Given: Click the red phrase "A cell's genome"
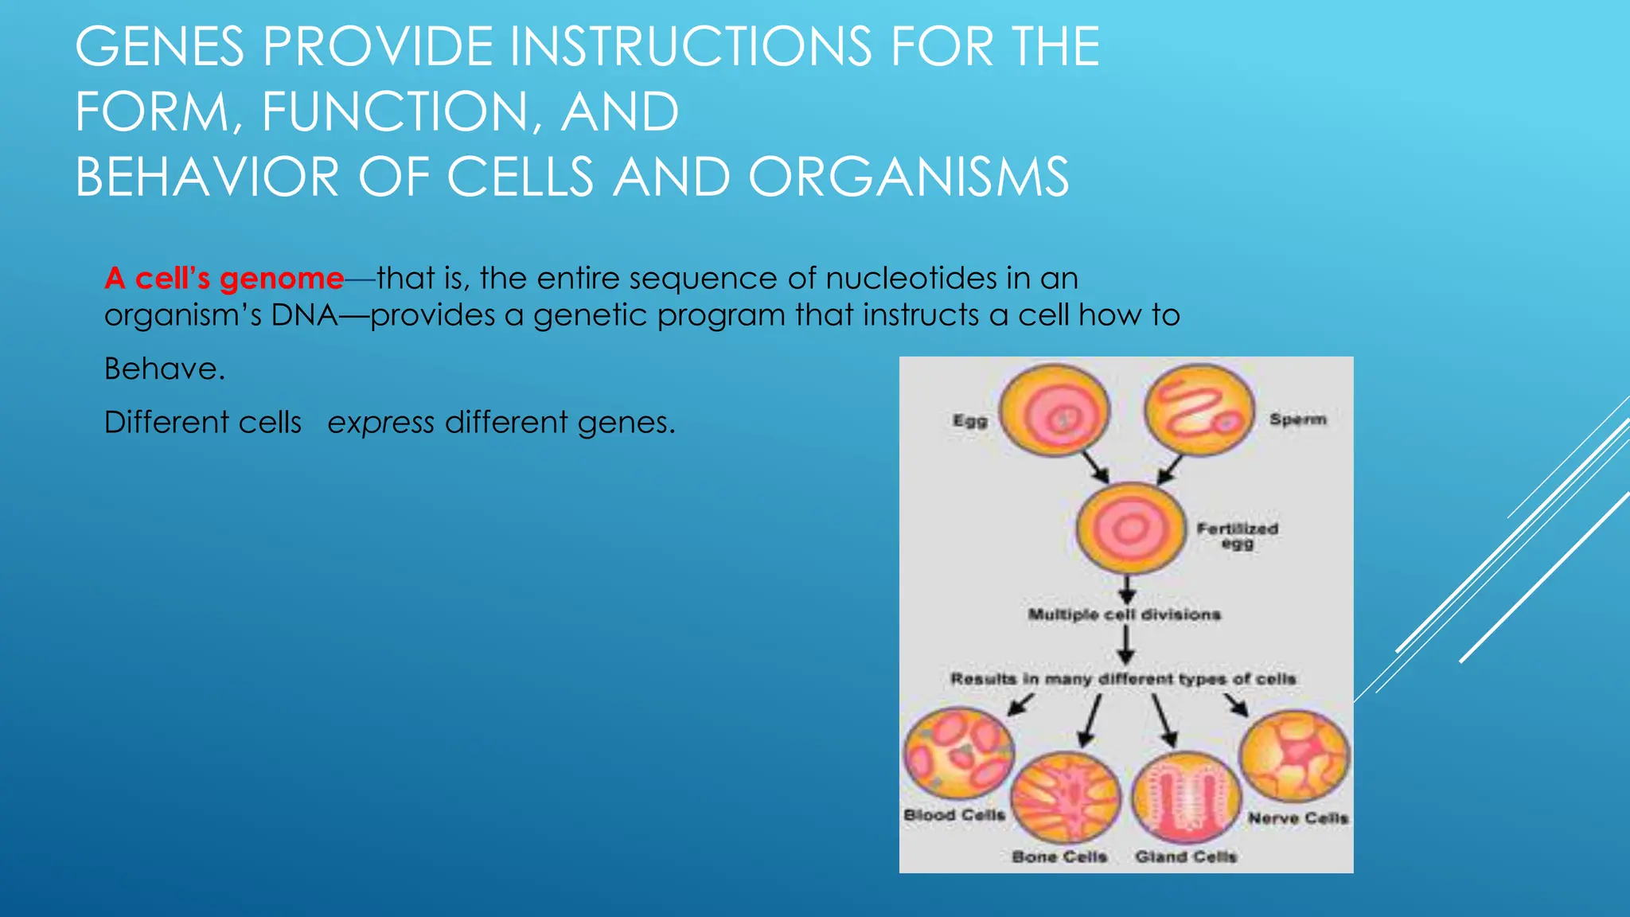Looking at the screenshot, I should point(224,279).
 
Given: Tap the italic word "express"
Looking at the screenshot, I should point(380,423).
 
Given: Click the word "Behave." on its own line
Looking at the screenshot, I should point(165,369).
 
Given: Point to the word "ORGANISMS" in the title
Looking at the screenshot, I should point(908,177).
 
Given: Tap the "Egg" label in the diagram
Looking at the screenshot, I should point(970,420).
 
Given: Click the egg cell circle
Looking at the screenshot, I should point(1055,411).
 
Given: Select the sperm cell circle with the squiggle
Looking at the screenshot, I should point(1199,411).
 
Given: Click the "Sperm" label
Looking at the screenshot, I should point(1297,419).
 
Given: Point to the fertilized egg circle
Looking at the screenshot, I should point(1130,529).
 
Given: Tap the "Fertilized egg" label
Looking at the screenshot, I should point(1237,535).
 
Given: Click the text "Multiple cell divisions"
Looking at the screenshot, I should point(1124,615).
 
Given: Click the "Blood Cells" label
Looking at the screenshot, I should point(954,815).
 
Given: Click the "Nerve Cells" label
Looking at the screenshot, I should point(1297,818).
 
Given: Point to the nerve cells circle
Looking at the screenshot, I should point(1295,755).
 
